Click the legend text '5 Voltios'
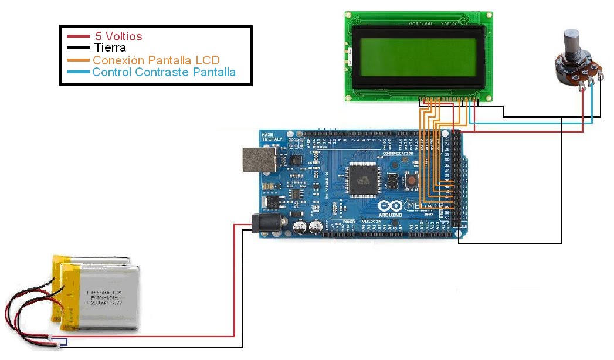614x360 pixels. (x=118, y=36)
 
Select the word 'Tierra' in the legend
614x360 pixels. (x=110, y=48)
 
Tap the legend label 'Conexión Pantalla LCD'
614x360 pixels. (x=156, y=60)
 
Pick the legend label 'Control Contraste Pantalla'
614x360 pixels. (x=164, y=73)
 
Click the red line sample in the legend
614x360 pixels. (x=77, y=36)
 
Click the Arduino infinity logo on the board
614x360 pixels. (x=390, y=206)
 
